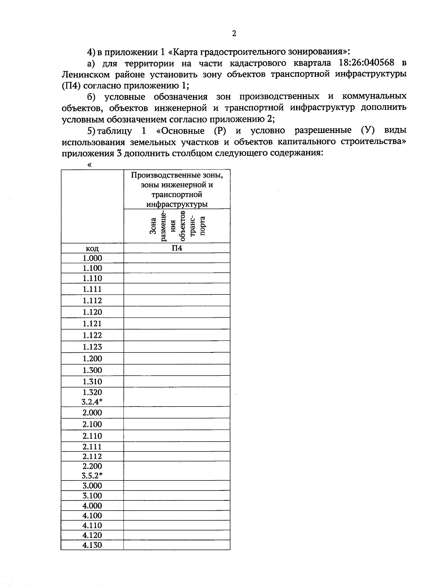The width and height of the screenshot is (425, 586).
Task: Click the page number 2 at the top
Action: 234,34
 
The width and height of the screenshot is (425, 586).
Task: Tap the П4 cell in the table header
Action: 177,248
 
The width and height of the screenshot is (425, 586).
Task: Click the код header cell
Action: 92,248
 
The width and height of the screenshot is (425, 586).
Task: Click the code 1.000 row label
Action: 92,258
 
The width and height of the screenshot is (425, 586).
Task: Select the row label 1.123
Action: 92,347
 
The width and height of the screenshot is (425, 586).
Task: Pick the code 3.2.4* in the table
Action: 92,402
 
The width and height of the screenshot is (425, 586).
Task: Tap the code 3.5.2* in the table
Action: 92,475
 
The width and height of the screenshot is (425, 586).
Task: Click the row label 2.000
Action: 92,413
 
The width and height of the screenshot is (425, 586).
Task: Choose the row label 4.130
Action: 92,545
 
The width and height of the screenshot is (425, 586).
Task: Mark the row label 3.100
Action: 92,495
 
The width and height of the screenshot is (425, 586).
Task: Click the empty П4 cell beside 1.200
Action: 177,358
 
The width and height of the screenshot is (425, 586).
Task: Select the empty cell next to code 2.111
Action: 177,447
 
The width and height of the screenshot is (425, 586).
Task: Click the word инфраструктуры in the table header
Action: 177,204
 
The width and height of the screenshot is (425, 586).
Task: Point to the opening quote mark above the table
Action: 89,165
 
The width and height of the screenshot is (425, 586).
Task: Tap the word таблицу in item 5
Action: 114,131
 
